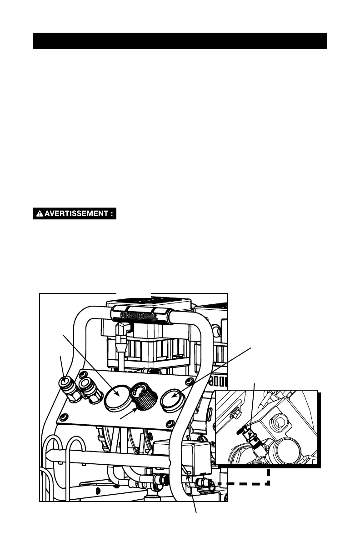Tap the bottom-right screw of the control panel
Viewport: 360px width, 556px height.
point(170,424)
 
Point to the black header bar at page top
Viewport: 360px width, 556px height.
point(180,41)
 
